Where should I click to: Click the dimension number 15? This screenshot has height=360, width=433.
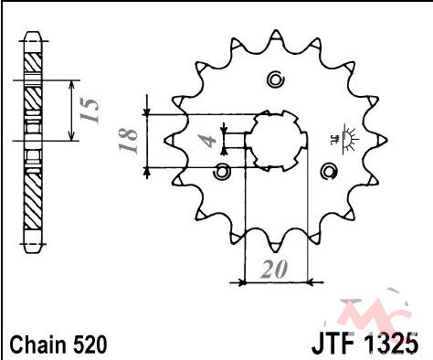(x=90, y=110)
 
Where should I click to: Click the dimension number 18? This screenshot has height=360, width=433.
(x=128, y=141)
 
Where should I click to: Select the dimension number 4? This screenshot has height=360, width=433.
(x=207, y=141)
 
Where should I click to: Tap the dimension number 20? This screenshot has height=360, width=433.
(x=274, y=270)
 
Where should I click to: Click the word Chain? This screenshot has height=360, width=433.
(x=38, y=344)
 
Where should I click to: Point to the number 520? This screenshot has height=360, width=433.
(x=90, y=344)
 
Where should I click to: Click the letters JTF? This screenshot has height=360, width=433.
(x=333, y=344)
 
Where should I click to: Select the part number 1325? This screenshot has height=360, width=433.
(x=392, y=344)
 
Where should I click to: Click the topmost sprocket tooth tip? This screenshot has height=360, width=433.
(x=276, y=30)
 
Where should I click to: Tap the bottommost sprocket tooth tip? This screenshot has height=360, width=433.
(x=275, y=251)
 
